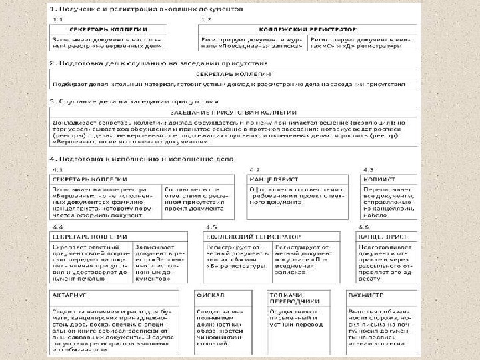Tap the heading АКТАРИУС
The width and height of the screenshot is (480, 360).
coord(71,294)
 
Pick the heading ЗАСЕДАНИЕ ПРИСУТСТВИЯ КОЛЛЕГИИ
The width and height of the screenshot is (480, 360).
coord(233,112)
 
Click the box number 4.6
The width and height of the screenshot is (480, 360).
coord(364,227)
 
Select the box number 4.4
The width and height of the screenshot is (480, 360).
coord(58,227)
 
